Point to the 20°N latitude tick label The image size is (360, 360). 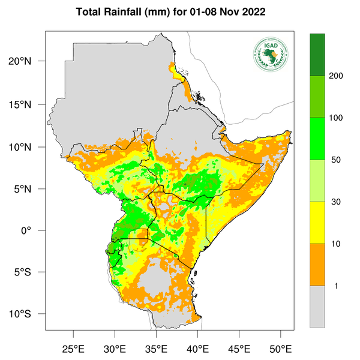tap(28, 61)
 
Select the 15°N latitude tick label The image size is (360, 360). tap(28, 104)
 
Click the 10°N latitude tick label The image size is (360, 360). tap(28, 147)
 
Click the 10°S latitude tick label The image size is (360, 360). tap(28, 314)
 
